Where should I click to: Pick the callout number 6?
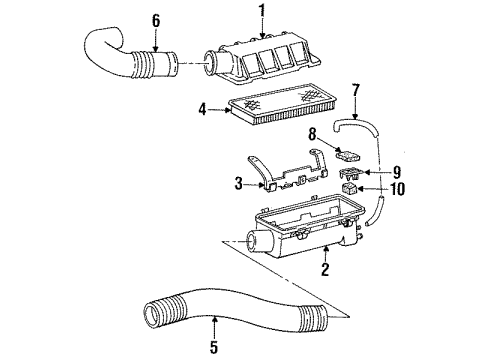point(154,19)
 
